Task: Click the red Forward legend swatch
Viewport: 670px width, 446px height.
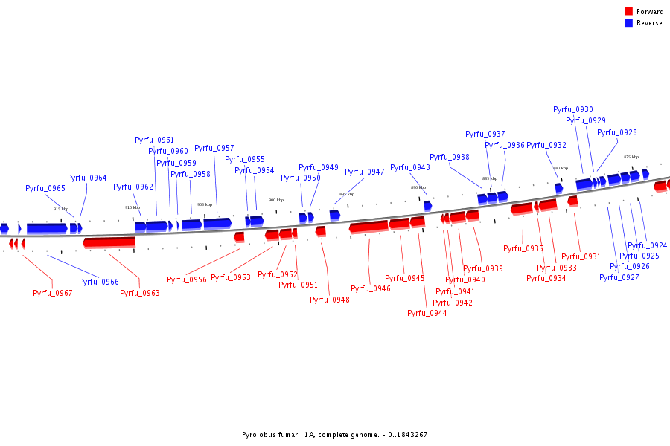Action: click(x=628, y=11)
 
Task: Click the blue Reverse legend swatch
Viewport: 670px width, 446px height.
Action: click(x=628, y=23)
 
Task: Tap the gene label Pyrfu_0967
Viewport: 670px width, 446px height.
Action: click(x=53, y=293)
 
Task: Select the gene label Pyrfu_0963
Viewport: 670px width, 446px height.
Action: click(x=140, y=293)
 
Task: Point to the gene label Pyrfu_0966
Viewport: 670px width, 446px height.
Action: click(x=99, y=282)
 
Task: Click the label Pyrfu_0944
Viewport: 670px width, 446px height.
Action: click(x=427, y=313)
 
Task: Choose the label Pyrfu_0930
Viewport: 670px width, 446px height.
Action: click(x=573, y=109)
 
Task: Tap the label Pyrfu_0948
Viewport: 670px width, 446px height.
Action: click(x=330, y=300)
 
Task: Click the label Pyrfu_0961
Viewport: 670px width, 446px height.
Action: click(x=155, y=140)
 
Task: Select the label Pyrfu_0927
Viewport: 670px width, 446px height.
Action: click(x=619, y=277)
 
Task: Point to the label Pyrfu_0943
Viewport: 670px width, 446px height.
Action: click(x=410, y=167)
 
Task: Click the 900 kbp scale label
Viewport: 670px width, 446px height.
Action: click(x=276, y=200)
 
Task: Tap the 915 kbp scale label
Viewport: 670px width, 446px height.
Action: click(x=61, y=209)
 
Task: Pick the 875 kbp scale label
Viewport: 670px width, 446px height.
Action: click(x=631, y=157)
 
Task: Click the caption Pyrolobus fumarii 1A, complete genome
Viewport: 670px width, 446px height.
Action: click(x=335, y=435)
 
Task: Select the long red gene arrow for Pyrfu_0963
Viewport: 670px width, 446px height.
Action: click(x=109, y=242)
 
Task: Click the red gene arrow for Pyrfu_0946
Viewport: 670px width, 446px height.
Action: click(x=368, y=226)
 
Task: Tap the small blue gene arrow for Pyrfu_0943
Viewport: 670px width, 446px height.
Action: click(x=428, y=205)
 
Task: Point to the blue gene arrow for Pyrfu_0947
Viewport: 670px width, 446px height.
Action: click(x=335, y=214)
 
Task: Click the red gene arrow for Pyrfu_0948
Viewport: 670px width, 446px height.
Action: click(x=321, y=231)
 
